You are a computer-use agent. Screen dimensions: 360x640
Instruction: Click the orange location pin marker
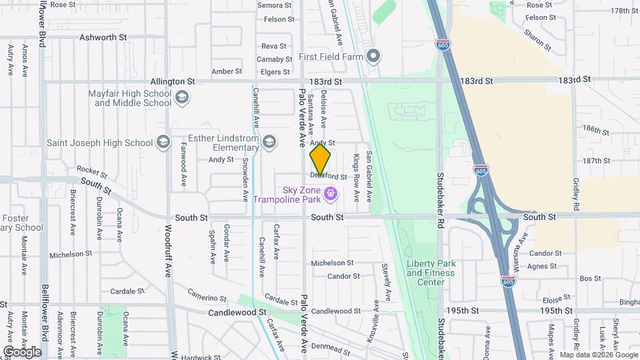click(320, 159)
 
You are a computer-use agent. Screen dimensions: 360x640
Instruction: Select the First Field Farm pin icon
click(373, 56)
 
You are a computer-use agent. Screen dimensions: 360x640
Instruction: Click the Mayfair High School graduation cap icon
click(181, 99)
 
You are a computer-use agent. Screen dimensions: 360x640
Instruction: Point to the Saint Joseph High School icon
click(163, 142)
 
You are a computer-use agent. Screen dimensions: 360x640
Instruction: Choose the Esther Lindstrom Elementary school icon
click(269, 141)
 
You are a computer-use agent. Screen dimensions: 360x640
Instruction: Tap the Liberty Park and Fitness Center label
click(431, 273)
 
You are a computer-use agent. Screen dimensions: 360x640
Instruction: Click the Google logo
click(22, 351)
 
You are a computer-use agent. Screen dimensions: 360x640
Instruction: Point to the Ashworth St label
click(103, 38)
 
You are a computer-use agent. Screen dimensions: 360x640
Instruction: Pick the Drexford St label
click(329, 177)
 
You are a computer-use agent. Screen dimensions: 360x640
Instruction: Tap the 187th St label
click(596, 161)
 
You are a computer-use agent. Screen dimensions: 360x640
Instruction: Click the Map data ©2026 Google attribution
click(598, 355)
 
